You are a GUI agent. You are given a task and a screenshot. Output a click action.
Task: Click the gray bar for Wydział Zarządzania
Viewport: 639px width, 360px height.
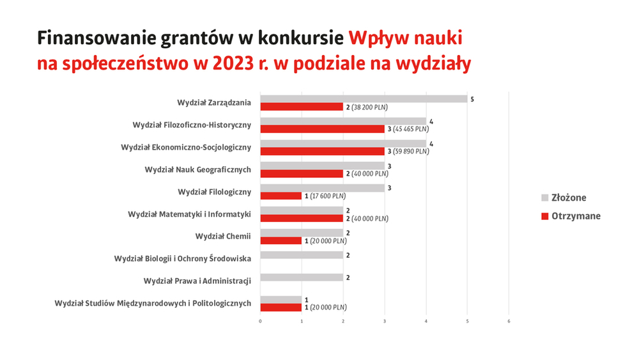click(x=364, y=99)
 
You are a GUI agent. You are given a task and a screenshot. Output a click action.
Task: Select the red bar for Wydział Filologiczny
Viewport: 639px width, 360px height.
click(x=281, y=196)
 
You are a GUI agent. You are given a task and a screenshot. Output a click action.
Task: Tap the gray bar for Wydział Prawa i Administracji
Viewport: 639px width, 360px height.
click(x=302, y=278)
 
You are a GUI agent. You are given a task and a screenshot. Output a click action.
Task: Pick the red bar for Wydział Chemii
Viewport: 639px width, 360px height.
click(x=281, y=240)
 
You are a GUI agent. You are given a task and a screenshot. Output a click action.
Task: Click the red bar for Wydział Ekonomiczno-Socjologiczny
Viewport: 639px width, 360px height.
click(x=322, y=152)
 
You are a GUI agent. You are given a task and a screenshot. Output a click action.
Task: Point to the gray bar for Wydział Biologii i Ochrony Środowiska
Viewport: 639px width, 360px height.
click(x=302, y=255)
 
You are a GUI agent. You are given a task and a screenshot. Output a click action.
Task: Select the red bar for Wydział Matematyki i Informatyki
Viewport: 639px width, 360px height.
click(x=302, y=218)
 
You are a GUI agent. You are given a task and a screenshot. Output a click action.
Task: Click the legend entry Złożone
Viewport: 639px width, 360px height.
click(x=564, y=198)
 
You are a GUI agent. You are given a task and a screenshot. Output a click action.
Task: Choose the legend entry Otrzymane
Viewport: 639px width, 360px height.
click(x=571, y=216)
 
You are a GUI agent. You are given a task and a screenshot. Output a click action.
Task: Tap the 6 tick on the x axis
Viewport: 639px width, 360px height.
click(x=509, y=321)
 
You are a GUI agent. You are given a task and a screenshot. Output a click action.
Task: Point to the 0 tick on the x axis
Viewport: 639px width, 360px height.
click(x=261, y=321)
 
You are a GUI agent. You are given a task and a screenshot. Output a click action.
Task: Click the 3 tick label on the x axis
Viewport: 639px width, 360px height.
click(x=385, y=321)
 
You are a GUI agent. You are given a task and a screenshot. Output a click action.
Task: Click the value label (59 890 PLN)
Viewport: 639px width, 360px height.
click(x=411, y=152)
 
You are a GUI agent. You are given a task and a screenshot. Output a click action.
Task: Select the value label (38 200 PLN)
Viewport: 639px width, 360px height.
click(x=369, y=107)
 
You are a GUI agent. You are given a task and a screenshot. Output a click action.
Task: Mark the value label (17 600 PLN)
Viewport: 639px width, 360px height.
click(x=328, y=196)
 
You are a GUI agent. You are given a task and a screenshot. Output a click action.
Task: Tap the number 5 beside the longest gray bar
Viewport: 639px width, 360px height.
click(x=472, y=99)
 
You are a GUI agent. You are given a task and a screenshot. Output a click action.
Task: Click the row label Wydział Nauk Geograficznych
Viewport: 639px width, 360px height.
click(x=198, y=169)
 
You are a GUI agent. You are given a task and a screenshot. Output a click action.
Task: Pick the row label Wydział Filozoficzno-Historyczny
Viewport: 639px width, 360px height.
click(x=192, y=125)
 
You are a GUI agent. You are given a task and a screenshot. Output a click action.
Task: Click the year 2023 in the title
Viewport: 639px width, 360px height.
click(x=233, y=63)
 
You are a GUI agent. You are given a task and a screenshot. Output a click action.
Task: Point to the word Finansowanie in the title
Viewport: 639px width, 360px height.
click(x=96, y=38)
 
